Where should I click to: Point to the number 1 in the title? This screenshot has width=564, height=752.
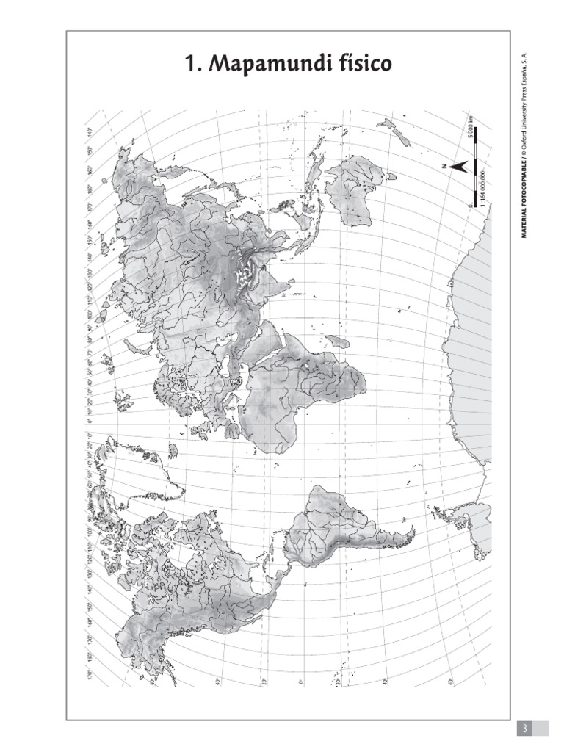pyautogui.click(x=192, y=65)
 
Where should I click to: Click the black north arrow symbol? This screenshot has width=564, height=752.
pyautogui.click(x=458, y=167)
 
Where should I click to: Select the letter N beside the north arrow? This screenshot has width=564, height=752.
pyautogui.click(x=446, y=167)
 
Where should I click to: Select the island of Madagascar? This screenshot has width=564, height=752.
pyautogui.click(x=337, y=342)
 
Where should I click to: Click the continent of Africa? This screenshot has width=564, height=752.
pyautogui.click(x=294, y=389)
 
